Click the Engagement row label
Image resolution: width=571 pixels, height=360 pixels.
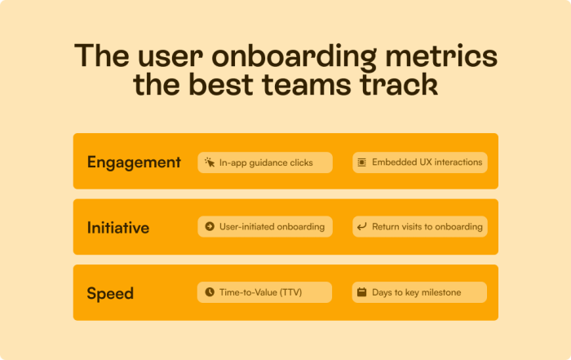(134, 162)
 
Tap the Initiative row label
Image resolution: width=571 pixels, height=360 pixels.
(118, 228)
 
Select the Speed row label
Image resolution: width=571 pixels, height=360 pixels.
(110, 293)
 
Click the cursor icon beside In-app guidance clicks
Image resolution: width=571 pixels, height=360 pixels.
(210, 162)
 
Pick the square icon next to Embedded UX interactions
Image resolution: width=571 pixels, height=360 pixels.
(361, 162)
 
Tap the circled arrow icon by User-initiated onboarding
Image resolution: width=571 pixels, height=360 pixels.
(210, 226)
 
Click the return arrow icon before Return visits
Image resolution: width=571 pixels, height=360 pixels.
(361, 227)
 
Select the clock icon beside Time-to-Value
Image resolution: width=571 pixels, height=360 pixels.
(210, 292)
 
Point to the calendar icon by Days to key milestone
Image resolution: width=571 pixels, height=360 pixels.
(361, 292)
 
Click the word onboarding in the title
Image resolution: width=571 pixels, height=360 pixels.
(294, 56)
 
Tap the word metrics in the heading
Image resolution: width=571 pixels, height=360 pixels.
(441, 56)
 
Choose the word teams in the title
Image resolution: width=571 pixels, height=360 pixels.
(307, 85)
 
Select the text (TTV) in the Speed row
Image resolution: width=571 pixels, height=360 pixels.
(290, 292)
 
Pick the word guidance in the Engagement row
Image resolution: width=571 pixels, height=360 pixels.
(259, 163)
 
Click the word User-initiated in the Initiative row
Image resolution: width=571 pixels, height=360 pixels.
(244, 227)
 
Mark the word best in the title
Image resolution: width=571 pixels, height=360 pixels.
(221, 85)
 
